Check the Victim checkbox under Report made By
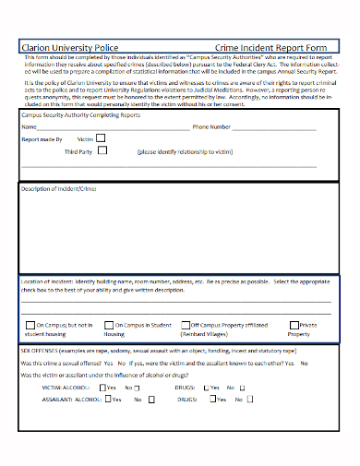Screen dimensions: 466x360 point(102,137)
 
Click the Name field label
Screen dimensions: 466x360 point(30,126)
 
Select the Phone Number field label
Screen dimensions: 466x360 point(211,126)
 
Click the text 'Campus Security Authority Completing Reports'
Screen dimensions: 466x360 point(80,115)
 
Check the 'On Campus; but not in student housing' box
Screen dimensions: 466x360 point(30,325)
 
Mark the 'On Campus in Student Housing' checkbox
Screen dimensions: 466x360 point(109,325)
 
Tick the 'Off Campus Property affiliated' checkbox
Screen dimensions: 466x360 point(185,325)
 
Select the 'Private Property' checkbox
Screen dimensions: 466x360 point(294,325)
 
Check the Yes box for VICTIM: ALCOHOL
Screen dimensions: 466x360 point(102,388)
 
